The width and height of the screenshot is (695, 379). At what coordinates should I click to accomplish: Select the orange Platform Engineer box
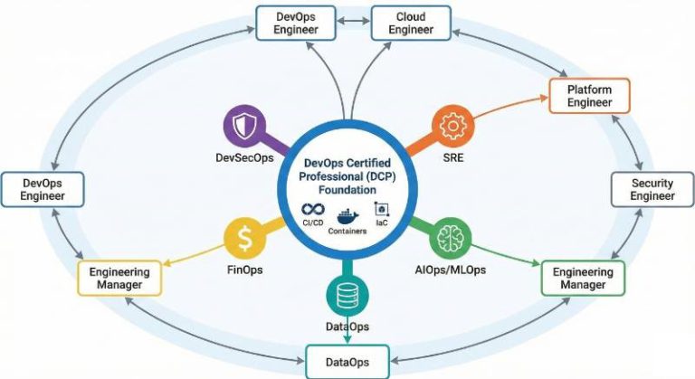(589, 96)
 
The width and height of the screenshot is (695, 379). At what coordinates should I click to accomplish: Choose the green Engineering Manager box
(582, 279)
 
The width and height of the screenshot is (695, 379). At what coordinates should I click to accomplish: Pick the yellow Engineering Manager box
(120, 279)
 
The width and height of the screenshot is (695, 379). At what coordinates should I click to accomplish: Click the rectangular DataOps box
(347, 363)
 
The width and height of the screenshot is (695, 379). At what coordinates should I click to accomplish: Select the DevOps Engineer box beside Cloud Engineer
(298, 24)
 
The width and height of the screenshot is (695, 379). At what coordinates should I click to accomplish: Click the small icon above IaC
(381, 209)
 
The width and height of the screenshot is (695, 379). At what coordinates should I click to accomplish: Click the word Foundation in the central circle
(347, 191)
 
